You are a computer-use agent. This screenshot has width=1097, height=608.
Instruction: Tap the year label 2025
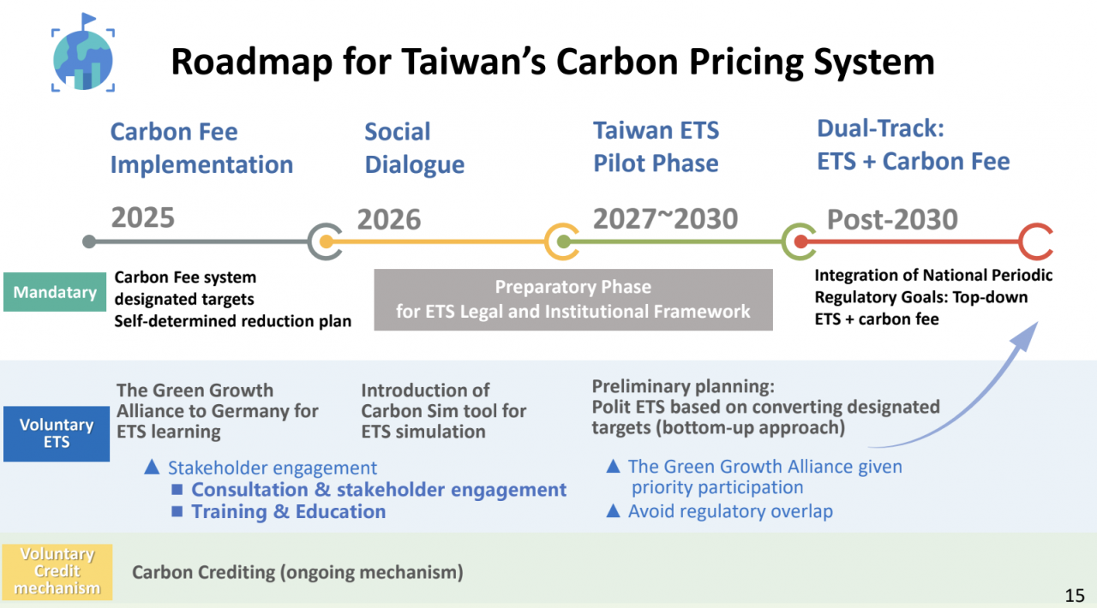pyautogui.click(x=142, y=218)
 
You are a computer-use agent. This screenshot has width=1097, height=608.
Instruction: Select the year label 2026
pyautogui.click(x=389, y=219)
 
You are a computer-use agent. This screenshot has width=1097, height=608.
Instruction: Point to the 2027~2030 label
pyautogui.click(x=665, y=218)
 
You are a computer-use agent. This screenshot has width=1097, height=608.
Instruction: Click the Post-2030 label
pyautogui.click(x=892, y=219)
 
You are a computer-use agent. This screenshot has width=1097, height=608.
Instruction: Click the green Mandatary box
pyautogui.click(x=55, y=292)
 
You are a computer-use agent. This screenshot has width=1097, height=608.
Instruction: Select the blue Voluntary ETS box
pyautogui.click(x=57, y=433)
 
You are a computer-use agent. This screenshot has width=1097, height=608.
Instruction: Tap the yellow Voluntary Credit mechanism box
pyautogui.click(x=57, y=571)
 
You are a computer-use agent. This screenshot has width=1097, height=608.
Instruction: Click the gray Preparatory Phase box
pyautogui.click(x=573, y=300)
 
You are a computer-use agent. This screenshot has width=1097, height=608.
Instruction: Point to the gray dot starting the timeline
pyautogui.click(x=88, y=241)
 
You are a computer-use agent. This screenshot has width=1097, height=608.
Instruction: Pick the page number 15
pyautogui.click(x=1075, y=595)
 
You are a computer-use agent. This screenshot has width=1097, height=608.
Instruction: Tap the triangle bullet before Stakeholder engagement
pyautogui.click(x=152, y=467)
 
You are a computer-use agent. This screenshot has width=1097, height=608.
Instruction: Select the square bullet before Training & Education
pyautogui.click(x=177, y=511)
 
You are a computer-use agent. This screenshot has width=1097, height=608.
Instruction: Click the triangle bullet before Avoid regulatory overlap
pyautogui.click(x=613, y=510)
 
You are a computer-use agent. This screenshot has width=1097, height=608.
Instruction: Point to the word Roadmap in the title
pyautogui.click(x=252, y=63)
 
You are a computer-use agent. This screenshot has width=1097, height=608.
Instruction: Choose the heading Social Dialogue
pyautogui.click(x=414, y=148)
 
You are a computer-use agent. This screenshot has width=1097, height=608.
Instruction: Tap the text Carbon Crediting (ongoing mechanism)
pyautogui.click(x=297, y=572)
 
